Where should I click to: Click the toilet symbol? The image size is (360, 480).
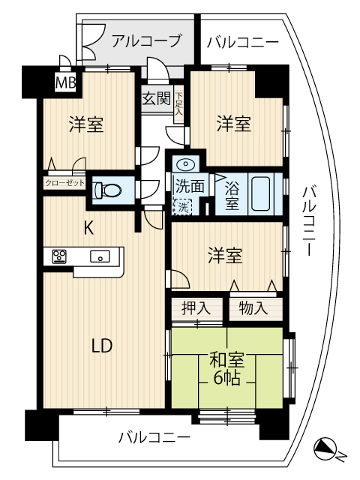click(108, 190)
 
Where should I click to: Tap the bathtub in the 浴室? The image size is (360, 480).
click(261, 193)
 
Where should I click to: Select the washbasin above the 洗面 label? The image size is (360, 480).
click(186, 163)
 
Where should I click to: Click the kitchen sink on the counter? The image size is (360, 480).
click(100, 256)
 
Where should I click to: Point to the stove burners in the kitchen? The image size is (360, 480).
click(59, 256)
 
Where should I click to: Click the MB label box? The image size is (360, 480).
click(65, 82)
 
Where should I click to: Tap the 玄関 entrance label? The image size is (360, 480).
click(157, 99)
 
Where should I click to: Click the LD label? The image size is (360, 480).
click(103, 346)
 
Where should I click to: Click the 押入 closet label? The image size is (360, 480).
click(196, 307)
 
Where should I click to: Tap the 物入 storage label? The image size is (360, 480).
click(253, 307)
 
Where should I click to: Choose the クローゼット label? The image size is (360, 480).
click(64, 183)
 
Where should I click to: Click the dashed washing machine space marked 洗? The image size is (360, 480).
click(182, 207)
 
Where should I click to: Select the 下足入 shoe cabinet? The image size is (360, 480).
click(178, 104)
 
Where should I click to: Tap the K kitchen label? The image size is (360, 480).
click(88, 228)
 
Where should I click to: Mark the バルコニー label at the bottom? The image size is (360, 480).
click(154, 438)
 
